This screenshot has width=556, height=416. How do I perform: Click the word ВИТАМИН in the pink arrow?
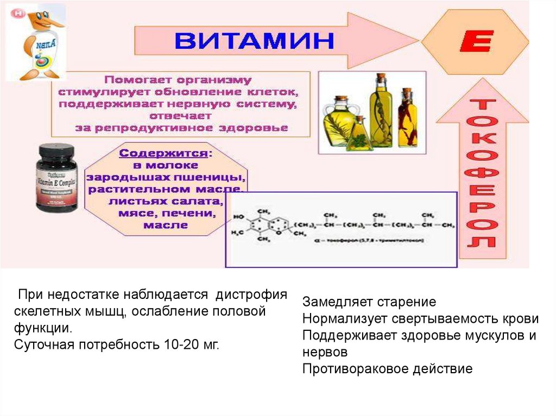coord(254,41)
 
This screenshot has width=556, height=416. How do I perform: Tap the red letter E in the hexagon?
coord(476,41)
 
